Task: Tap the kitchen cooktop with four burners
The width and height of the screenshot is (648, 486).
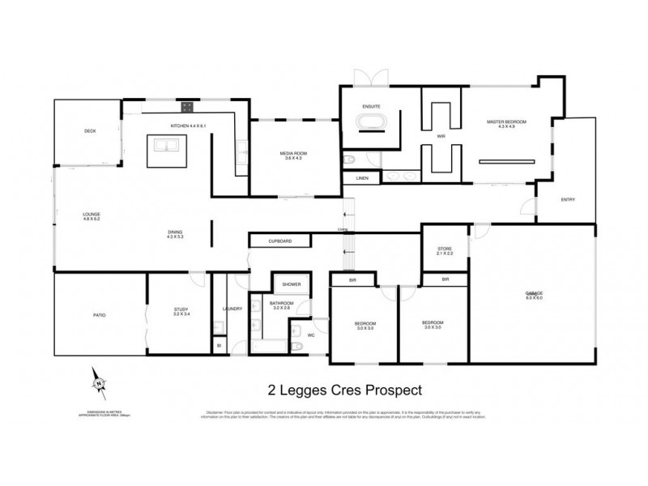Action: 186,105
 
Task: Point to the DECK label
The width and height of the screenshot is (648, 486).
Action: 91,131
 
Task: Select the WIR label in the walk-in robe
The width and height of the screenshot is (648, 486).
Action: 441,137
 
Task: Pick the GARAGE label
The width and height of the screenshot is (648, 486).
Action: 533,292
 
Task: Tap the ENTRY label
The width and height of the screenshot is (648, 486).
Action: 568,199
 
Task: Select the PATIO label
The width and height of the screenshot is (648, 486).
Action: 99,314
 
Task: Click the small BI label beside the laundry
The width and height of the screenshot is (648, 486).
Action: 219,346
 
